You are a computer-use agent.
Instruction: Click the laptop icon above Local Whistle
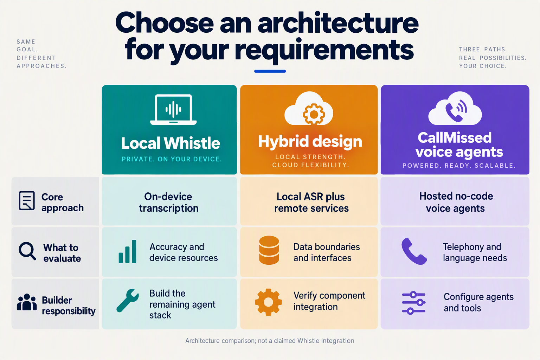coord(173,110)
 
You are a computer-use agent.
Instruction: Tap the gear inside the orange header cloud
coord(314,114)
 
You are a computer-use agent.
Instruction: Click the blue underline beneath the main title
coord(270,71)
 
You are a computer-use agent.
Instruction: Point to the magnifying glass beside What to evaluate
coord(27,251)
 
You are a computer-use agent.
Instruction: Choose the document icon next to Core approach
coord(27,201)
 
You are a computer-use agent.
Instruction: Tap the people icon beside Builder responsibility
coord(27,302)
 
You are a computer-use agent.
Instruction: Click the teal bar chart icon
coord(128,251)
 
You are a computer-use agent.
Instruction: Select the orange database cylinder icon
coord(269,250)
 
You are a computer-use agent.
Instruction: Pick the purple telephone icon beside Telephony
coord(414,251)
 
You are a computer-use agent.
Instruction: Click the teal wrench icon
coord(128,301)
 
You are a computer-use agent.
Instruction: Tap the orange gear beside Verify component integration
coord(268,302)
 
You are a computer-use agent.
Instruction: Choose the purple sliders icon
coord(414,303)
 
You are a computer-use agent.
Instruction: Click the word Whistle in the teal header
coord(192,143)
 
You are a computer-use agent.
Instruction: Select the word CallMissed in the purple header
coord(455,138)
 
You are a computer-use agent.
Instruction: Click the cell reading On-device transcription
coord(169,202)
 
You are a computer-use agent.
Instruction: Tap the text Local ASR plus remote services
coord(311,202)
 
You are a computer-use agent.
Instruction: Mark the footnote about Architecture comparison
coord(270,340)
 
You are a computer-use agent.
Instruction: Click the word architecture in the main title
coord(338,24)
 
